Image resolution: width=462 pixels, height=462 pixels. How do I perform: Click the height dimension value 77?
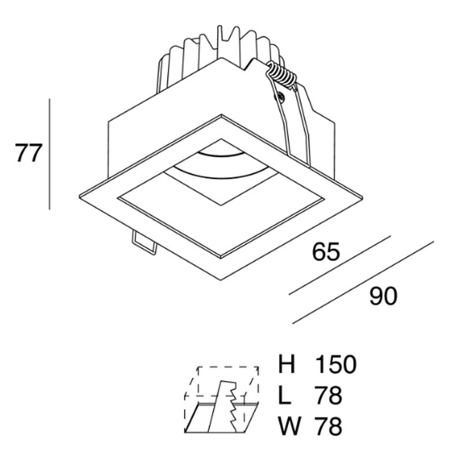[27, 154]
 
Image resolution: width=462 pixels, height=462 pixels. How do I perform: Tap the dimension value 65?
[326, 253]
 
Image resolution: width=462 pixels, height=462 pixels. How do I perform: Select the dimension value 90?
[383, 297]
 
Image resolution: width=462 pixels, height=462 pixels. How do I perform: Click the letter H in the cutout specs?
[287, 364]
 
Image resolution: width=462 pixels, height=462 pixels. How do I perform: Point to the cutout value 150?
[336, 364]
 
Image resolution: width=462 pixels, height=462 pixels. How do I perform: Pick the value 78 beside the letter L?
[329, 396]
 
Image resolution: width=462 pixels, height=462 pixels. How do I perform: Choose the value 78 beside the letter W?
[329, 427]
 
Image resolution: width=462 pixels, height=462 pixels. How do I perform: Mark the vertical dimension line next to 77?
[50, 154]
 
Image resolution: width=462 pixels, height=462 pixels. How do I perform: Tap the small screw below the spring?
[281, 96]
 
